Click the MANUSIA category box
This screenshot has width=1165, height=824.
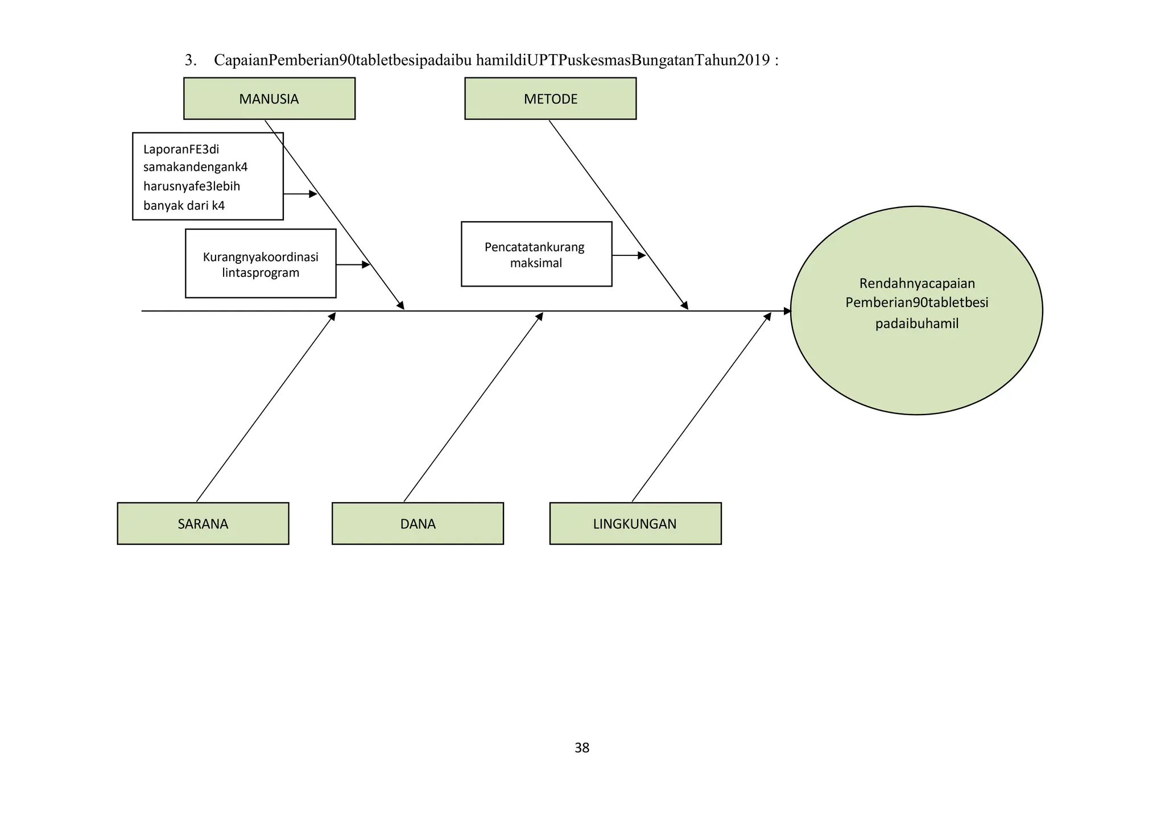pos(269,98)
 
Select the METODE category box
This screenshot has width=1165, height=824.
pos(550,98)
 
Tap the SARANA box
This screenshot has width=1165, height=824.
pos(203,523)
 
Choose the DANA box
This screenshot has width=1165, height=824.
pos(418,523)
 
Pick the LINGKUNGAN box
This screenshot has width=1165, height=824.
pos(635,523)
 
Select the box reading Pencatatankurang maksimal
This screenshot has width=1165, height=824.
pos(536,254)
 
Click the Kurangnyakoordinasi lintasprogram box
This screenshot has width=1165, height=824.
pos(261,264)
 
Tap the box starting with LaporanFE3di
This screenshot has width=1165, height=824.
pos(208,176)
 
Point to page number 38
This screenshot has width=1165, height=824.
pos(582,748)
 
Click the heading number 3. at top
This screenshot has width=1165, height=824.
pos(191,60)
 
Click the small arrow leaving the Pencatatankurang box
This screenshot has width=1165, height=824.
pos(629,256)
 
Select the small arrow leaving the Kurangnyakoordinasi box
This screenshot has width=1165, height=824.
pos(353,265)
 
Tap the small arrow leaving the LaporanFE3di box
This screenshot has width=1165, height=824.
pos(300,194)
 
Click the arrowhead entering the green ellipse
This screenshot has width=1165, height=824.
pos(787,311)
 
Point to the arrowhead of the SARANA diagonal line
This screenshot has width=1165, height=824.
pos(333,316)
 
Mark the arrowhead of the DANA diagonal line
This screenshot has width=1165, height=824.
pos(540,316)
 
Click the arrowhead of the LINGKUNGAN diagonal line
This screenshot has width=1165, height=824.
pos(769,316)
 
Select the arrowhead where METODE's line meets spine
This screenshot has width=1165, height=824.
pos(685,306)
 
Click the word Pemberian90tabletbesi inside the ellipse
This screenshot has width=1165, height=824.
pos(916,303)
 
